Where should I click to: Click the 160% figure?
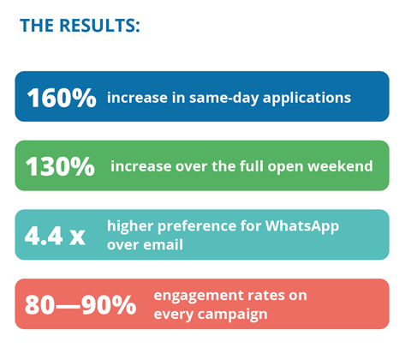click(61, 98)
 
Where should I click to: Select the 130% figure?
click(59, 166)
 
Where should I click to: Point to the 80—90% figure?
click(80, 304)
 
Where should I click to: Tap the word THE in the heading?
click(39, 25)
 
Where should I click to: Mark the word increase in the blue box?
click(134, 98)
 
